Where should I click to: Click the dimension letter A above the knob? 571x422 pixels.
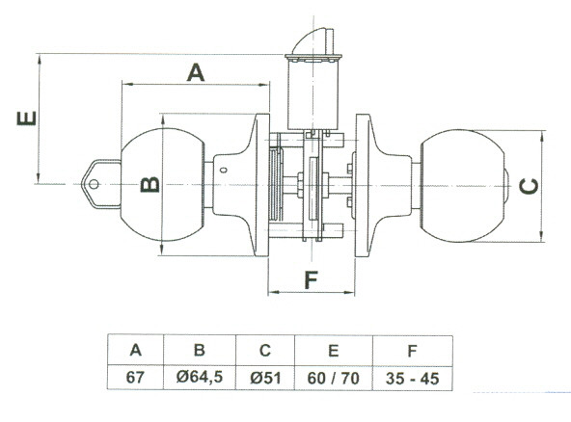[x=196, y=72]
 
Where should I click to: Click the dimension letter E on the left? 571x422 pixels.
[x=27, y=119]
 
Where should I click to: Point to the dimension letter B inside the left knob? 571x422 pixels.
[x=150, y=184]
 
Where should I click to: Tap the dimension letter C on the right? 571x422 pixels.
[x=529, y=186]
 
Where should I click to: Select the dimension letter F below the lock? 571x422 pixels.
[x=311, y=279]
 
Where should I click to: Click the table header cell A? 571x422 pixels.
[x=135, y=350]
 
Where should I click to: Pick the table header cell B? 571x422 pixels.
[x=200, y=350]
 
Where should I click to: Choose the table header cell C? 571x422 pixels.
[x=265, y=350]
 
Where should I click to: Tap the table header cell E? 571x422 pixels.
[x=333, y=351]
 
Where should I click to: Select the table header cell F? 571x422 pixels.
[x=412, y=351]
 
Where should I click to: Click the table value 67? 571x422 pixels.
[x=135, y=378]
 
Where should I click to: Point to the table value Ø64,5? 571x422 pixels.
[x=200, y=377]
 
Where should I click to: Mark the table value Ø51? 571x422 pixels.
[x=265, y=378]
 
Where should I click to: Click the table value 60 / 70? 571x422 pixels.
[x=333, y=379]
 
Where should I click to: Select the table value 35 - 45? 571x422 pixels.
[x=412, y=379]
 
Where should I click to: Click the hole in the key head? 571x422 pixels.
[x=94, y=184]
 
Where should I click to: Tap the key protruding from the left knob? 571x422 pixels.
[x=101, y=184]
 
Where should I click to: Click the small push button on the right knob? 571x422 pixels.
[x=507, y=186]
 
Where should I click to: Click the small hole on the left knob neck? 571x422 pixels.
[x=224, y=170]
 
